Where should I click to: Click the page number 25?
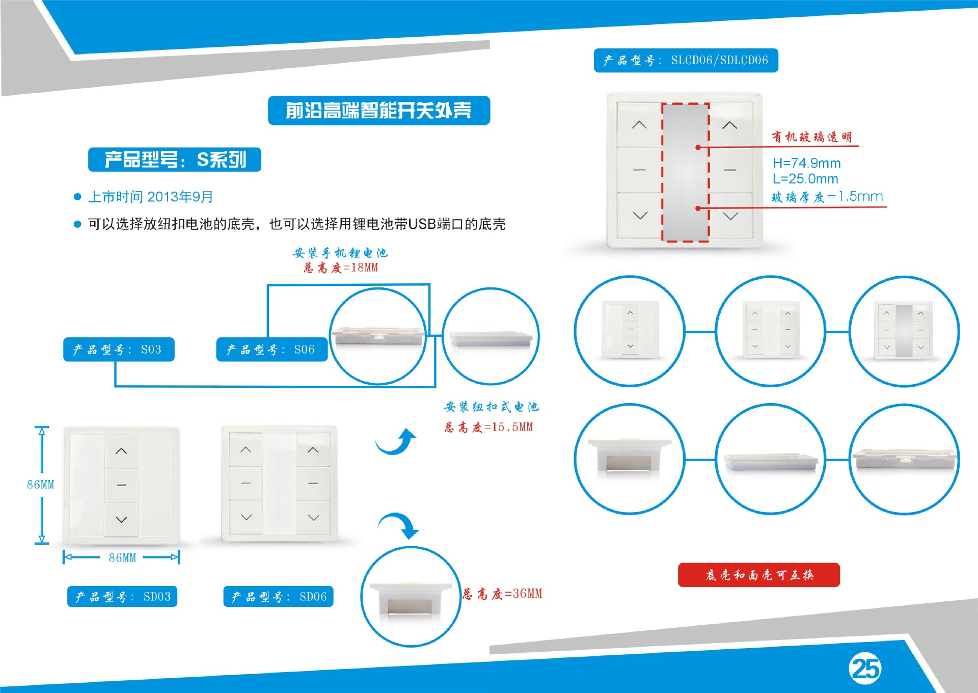click(865, 669)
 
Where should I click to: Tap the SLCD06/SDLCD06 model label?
click(686, 61)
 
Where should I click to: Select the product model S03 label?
click(119, 350)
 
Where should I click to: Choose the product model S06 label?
click(271, 350)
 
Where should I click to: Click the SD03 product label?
click(122, 597)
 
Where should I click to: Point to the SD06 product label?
click(278, 597)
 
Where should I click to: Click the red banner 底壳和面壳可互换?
click(759, 575)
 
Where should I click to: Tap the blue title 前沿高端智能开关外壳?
click(379, 111)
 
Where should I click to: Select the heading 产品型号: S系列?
click(174, 159)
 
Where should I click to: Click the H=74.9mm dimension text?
click(807, 163)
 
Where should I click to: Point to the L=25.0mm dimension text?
click(805, 179)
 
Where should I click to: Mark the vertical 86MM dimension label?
click(41, 485)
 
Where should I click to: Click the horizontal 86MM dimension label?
click(122, 558)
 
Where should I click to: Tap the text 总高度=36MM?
click(502, 594)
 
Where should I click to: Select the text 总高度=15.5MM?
click(488, 427)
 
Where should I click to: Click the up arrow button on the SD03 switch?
click(121, 451)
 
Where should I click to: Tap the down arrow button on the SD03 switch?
click(121, 519)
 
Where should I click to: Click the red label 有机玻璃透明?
click(811, 137)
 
